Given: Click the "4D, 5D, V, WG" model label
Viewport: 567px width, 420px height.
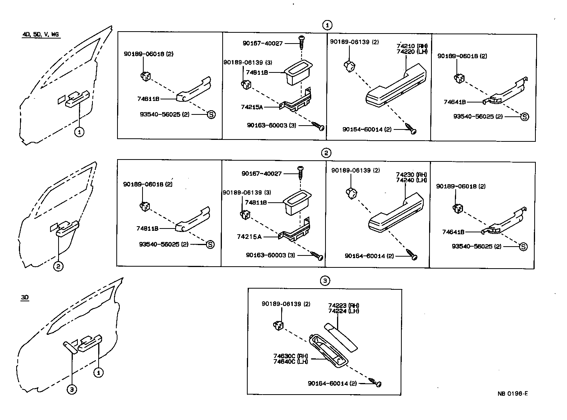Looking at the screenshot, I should (x=40, y=35).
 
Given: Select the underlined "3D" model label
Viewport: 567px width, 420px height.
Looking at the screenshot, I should (x=25, y=297).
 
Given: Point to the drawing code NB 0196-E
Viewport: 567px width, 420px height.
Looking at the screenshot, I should (x=512, y=393).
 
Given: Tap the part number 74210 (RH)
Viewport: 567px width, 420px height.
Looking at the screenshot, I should (x=412, y=46).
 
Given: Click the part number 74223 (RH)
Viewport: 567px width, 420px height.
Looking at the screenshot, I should (x=344, y=306).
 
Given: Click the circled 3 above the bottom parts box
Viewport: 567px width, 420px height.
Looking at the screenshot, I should (x=325, y=281).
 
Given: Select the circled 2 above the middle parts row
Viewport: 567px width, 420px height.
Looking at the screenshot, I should (x=326, y=153).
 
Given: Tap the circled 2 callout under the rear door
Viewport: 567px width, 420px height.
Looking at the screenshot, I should (x=58, y=266).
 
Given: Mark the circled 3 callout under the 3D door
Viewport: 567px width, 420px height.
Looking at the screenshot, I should (x=71, y=390).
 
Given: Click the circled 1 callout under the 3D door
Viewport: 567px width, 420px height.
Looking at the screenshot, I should (x=99, y=373).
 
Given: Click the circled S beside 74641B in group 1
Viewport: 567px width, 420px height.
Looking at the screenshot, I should (x=524, y=116).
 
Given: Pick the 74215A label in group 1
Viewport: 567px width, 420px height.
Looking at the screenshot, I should (x=252, y=107).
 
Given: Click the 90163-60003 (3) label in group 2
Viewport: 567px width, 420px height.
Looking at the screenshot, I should (x=270, y=255).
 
